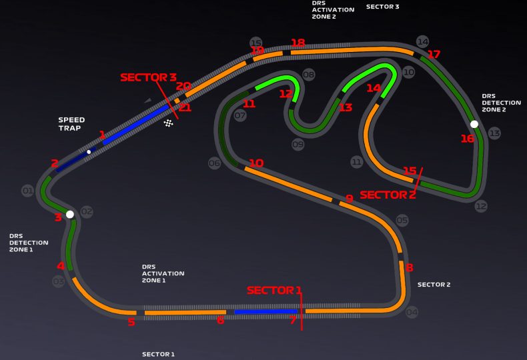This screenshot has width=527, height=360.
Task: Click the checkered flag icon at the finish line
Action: pos(169,123)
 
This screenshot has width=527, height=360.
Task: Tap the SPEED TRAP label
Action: pos(71,124)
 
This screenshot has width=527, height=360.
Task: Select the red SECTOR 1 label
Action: pos(274,290)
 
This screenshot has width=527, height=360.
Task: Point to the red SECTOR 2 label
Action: pos(388,195)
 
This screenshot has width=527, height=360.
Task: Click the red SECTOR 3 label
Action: pos(148,77)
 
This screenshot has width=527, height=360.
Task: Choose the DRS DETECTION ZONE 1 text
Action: pos(29,243)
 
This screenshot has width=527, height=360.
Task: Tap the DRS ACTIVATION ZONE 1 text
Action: pos(163,273)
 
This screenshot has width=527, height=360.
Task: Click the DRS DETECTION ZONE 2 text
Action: pos(501,102)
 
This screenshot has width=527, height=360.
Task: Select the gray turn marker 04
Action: pos(412,312)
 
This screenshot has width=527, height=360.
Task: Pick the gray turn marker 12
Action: pos(481,207)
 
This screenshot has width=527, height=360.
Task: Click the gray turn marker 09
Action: pos(298,144)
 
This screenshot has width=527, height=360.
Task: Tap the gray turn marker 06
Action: pos(214,163)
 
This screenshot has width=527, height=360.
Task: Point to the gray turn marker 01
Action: pos(27,191)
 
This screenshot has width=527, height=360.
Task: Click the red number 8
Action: pos(409,268)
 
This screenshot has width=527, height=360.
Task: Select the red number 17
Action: pos(434,54)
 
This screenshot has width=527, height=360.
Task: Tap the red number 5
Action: pos(131,323)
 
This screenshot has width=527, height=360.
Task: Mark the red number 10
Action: pos(256,163)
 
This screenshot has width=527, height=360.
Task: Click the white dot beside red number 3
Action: pos(69,215)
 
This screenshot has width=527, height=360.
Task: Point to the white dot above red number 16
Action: pos(474,124)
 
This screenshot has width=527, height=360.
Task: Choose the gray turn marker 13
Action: pos(494,133)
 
